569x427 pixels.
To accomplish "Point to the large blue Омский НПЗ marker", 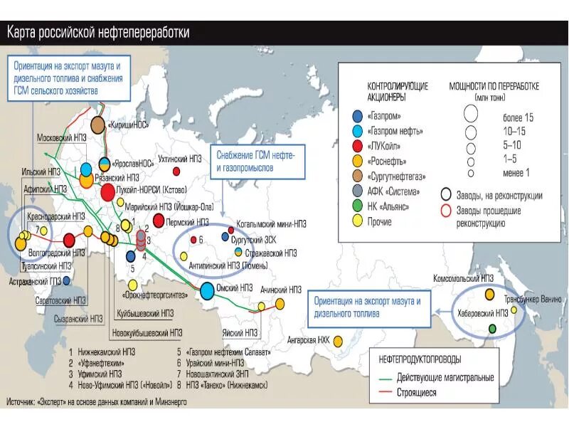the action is coord(207,290).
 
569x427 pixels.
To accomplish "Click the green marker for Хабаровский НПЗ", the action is coord(491,328).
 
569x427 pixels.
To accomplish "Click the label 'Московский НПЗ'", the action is coord(61,136).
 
